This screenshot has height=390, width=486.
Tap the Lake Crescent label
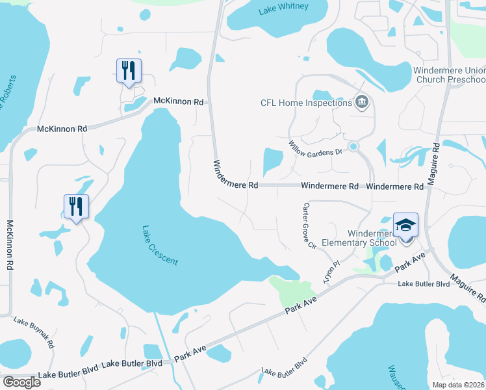(159, 245)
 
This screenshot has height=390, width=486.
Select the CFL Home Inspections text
(305, 103)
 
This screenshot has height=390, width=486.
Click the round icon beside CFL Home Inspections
(362, 102)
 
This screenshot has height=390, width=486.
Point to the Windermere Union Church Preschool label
(449, 75)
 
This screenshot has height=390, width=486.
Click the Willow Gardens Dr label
(315, 148)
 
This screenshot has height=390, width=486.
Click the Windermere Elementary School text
(363, 238)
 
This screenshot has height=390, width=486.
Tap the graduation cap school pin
(406, 226)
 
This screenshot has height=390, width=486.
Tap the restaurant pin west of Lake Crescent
(76, 207)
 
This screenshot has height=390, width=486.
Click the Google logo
(21, 382)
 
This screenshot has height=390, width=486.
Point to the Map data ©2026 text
(454, 385)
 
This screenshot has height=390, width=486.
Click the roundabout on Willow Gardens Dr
(353, 146)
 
